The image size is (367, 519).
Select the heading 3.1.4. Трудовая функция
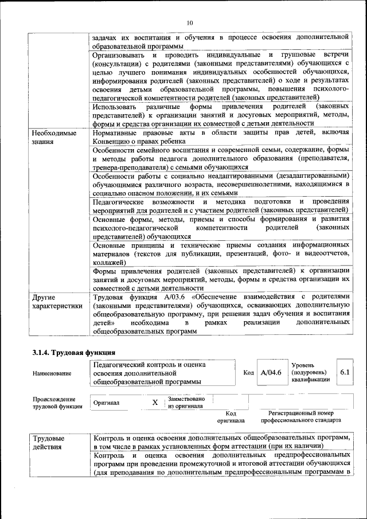click(74, 352)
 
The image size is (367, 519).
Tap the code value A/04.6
click(271, 373)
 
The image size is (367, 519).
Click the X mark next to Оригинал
click(154, 403)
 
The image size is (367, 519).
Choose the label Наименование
click(52, 373)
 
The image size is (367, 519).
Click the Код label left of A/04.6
click(248, 373)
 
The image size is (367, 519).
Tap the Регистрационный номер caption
click(300, 413)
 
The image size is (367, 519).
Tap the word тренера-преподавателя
click(132, 167)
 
